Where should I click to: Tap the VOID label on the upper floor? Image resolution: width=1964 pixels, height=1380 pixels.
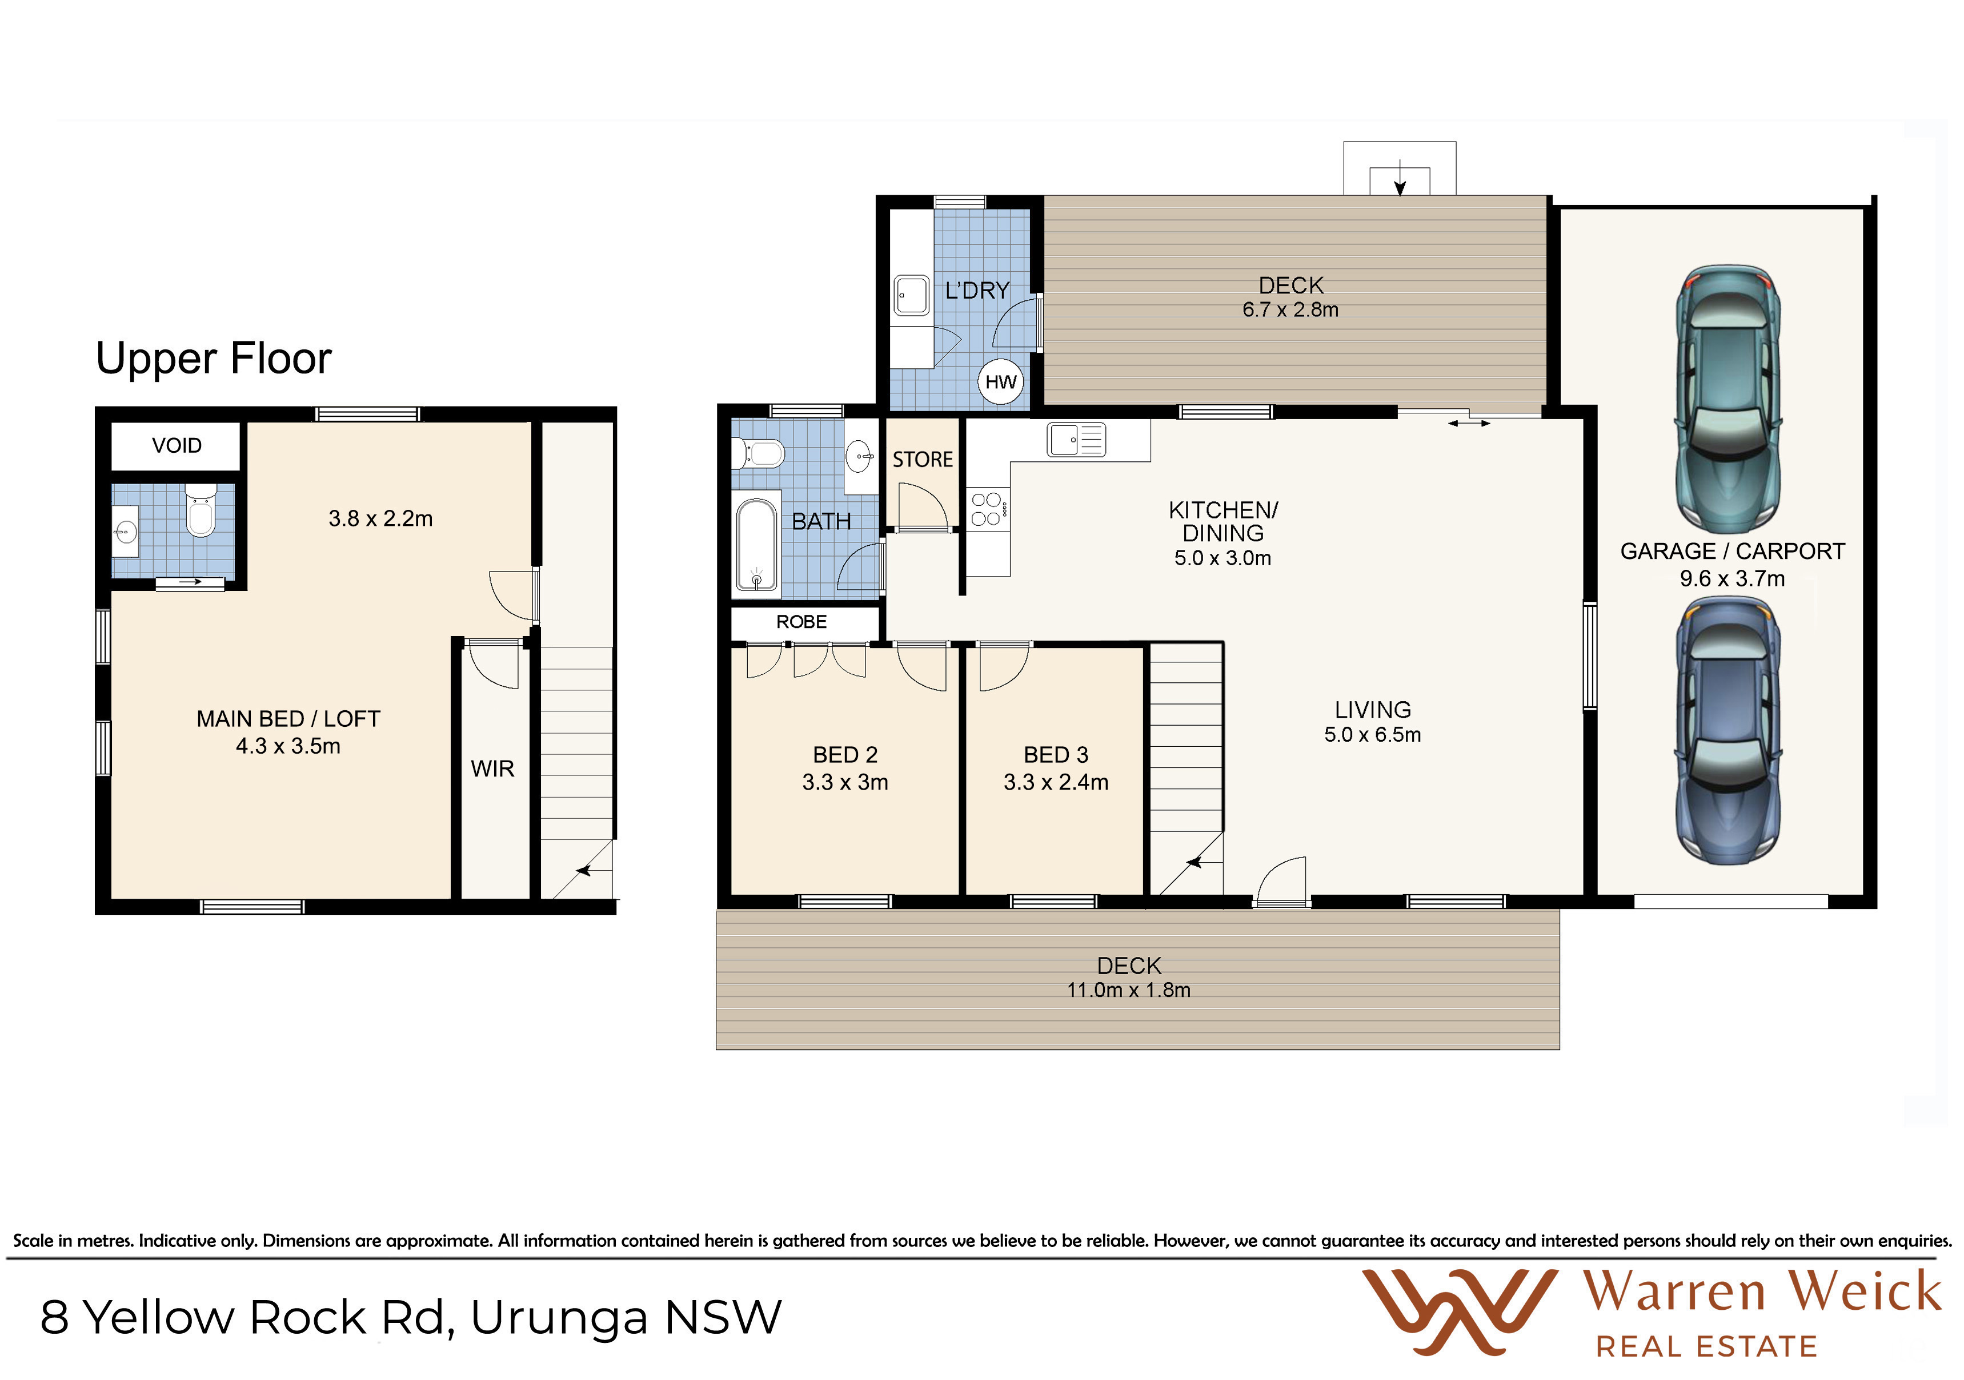point(177,445)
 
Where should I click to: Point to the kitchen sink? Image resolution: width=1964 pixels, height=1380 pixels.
point(1076,440)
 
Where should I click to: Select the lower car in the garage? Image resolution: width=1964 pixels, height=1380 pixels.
point(1728,729)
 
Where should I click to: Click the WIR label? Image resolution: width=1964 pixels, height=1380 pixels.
point(492,769)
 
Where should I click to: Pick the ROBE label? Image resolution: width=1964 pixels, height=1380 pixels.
point(801,622)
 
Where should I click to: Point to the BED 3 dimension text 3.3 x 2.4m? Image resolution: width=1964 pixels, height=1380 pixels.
point(1056,782)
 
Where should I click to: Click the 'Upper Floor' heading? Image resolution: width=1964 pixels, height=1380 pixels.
point(213,358)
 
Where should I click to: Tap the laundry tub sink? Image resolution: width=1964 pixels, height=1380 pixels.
point(912,296)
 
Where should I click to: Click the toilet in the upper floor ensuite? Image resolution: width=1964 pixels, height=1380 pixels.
point(201,510)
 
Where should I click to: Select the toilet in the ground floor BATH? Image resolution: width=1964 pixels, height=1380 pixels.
point(758,453)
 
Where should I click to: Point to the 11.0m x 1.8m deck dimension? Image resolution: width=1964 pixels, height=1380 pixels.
point(1128,990)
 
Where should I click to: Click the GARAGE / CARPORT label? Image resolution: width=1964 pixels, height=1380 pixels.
point(1732,552)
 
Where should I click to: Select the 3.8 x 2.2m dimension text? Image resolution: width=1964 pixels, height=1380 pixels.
point(380,519)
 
